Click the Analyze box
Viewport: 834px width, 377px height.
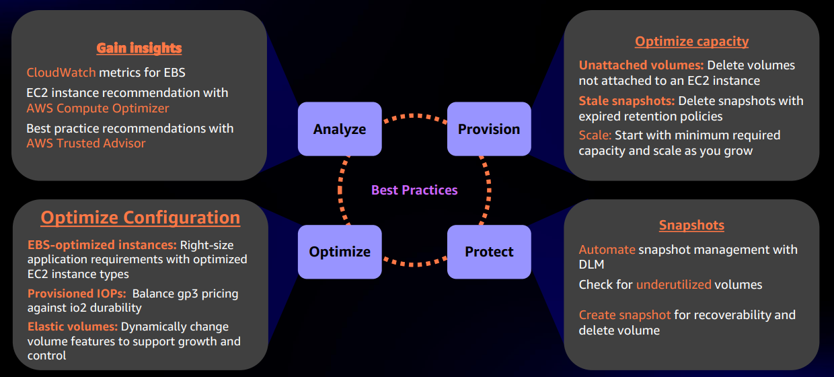click(340, 129)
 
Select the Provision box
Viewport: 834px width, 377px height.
click(489, 129)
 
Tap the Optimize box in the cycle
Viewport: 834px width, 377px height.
click(340, 252)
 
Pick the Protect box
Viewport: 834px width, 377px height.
click(489, 252)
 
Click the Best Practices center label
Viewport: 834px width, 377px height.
click(414, 191)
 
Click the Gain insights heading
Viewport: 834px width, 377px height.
click(139, 48)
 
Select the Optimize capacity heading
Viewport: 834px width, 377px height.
click(691, 41)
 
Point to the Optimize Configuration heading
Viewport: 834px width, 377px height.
click(140, 218)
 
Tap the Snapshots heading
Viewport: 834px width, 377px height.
click(691, 225)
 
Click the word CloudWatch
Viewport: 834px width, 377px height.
click(61, 72)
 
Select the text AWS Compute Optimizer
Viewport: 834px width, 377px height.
click(98, 108)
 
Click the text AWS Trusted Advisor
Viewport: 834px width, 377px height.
click(86, 143)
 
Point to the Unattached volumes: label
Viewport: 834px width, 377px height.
click(641, 65)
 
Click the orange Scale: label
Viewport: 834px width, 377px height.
click(595, 135)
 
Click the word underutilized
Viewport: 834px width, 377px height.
click(673, 285)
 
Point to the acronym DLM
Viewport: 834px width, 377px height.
click(592, 265)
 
